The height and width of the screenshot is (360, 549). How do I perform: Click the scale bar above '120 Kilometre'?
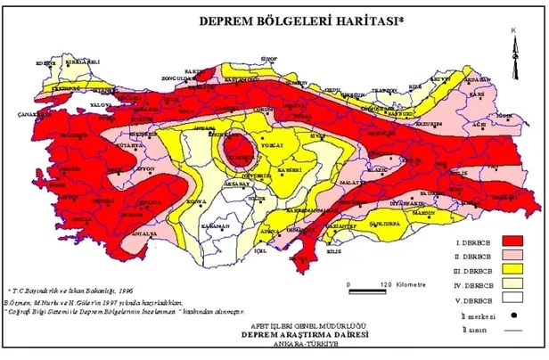(x=366, y=290)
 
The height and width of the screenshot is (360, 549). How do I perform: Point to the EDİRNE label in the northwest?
(x=42, y=62)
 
